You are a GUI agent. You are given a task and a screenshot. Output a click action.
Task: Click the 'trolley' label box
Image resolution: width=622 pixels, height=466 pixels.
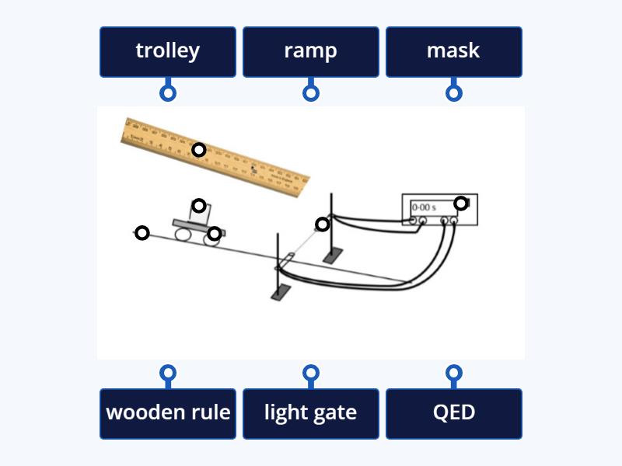(x=167, y=51)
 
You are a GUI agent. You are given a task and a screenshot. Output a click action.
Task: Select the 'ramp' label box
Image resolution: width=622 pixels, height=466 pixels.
(x=310, y=51)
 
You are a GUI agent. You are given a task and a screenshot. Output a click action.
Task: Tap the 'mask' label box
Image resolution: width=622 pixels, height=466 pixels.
(x=453, y=51)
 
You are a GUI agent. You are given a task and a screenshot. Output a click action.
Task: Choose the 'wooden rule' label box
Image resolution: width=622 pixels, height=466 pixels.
(x=167, y=412)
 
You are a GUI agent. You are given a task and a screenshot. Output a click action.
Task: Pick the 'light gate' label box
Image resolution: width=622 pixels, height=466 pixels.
(x=310, y=412)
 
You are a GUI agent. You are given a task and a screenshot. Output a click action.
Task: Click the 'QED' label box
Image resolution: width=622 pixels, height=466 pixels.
(x=453, y=412)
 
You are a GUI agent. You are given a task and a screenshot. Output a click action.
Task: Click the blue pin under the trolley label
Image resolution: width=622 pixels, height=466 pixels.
(x=167, y=92)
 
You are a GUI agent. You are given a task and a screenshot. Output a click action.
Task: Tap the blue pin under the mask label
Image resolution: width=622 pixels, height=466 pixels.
(x=454, y=92)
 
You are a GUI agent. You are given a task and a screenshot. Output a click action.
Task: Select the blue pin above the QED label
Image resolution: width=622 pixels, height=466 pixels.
(x=454, y=373)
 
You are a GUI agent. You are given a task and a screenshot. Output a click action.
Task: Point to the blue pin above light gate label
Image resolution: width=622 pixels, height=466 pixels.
(x=310, y=373)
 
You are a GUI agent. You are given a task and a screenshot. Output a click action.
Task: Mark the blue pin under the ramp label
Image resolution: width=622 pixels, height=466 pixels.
(x=310, y=92)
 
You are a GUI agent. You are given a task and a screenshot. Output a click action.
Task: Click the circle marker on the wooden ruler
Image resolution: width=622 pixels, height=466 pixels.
(x=199, y=149)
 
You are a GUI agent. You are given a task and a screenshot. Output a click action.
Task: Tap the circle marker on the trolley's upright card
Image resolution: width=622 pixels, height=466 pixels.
(x=199, y=206)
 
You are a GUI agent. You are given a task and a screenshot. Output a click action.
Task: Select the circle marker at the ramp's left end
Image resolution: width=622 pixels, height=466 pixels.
(x=142, y=232)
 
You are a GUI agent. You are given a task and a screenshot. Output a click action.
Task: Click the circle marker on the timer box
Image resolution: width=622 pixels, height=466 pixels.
(x=461, y=203)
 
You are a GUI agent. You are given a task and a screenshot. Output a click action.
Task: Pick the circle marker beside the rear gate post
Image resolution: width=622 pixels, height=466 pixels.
(x=322, y=224)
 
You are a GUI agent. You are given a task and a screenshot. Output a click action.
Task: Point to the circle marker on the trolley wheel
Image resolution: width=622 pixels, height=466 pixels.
(x=214, y=233)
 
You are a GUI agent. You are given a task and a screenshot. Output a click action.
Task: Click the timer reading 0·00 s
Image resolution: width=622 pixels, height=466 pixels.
(x=424, y=208)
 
